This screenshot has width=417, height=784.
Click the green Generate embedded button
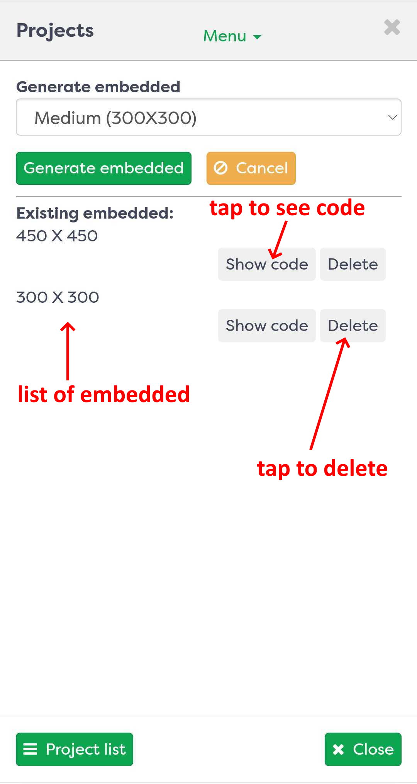point(103,168)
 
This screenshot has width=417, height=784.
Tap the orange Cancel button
point(251,168)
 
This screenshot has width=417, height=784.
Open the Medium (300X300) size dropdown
point(208,117)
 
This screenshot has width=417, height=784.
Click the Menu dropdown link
point(232,36)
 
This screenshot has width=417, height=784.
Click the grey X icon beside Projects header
point(392,27)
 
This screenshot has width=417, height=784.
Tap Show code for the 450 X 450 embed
point(267,264)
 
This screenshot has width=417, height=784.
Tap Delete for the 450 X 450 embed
point(353,264)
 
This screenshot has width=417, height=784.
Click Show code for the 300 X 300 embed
point(267,326)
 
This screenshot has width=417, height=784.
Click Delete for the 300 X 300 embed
point(353,326)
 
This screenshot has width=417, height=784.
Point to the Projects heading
point(55,31)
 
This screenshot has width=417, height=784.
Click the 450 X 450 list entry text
point(57,236)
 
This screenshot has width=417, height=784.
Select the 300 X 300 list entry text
point(58,297)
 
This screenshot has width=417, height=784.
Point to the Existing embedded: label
point(95,213)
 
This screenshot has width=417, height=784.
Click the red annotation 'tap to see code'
point(287,208)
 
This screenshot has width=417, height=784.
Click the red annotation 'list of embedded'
point(104,394)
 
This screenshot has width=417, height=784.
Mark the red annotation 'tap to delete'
point(322,468)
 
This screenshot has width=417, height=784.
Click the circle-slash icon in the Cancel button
point(221,168)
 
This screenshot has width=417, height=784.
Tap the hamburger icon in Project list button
point(30,749)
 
